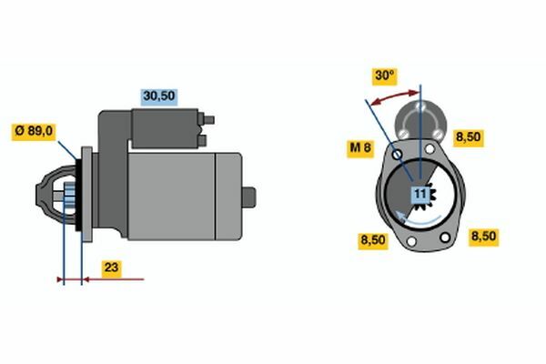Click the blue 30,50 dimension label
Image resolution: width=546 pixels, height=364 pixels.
point(159,96)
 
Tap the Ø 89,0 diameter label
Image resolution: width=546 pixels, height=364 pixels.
point(34,131)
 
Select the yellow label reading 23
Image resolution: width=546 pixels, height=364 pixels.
point(111,268)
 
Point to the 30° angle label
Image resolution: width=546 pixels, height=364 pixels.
point(384,76)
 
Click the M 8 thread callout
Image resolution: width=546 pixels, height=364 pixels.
point(360,148)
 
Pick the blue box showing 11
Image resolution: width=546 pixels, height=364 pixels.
point(420,194)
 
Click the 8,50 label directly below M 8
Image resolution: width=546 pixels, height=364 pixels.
point(373,240)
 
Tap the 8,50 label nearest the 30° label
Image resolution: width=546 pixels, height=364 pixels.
point(469,137)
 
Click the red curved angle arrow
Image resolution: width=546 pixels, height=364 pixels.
point(395,96)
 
